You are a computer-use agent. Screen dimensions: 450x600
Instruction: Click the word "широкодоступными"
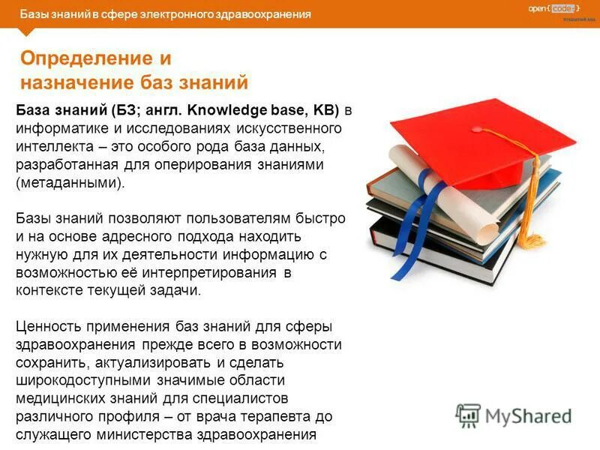81,380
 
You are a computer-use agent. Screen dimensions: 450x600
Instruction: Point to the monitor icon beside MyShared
469,415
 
